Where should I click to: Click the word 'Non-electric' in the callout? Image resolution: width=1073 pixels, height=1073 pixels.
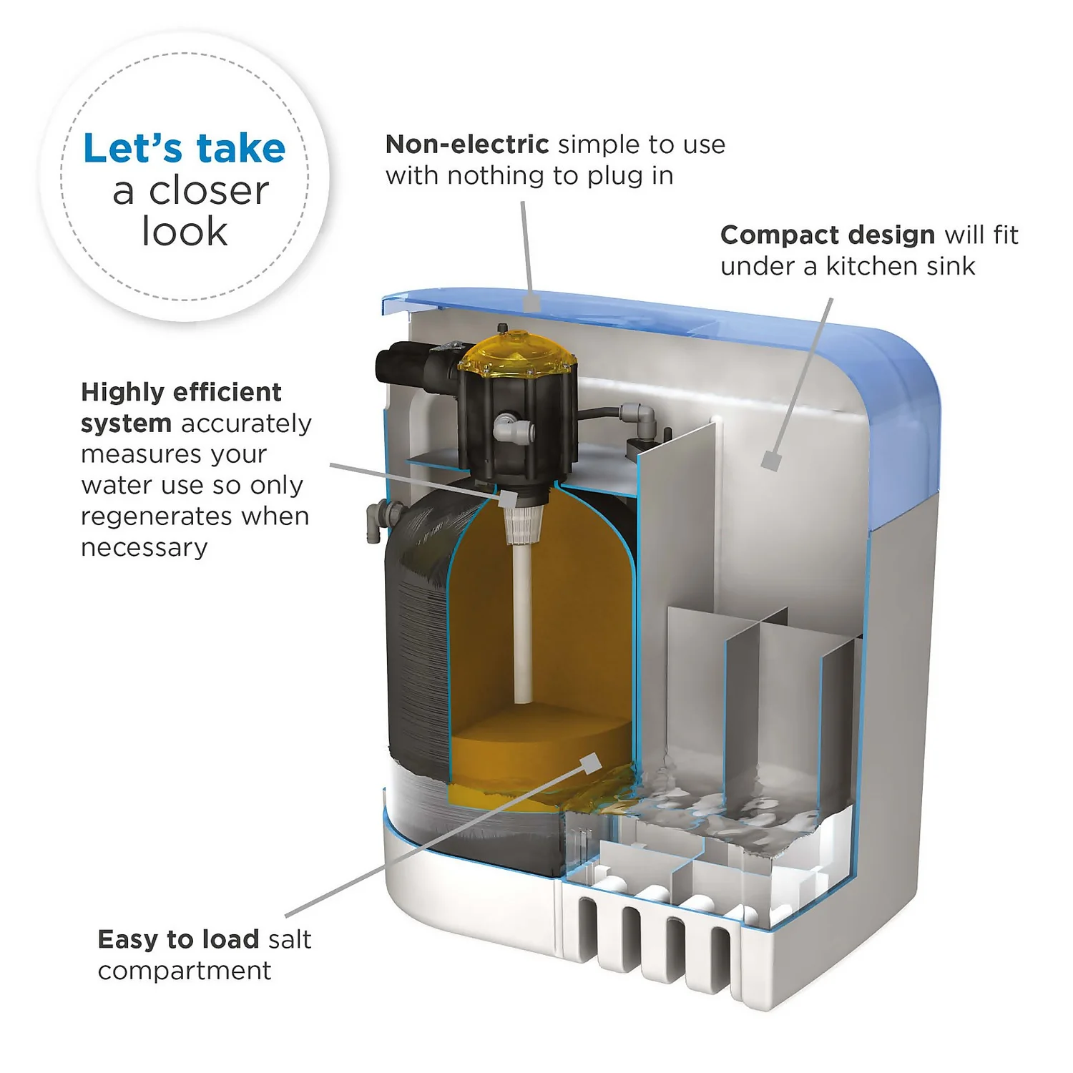click(466, 144)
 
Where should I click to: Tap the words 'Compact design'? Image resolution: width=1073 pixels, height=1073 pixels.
click(827, 235)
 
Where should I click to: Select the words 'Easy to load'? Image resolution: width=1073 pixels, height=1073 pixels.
click(178, 939)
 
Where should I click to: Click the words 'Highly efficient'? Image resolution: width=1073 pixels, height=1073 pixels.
click(181, 392)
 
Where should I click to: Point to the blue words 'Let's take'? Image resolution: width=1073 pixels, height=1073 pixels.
click(185, 149)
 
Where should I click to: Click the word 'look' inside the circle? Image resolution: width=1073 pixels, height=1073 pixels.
click(185, 232)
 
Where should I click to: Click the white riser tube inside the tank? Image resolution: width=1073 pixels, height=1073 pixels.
click(523, 622)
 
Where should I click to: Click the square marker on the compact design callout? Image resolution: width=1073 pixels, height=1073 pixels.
click(770, 461)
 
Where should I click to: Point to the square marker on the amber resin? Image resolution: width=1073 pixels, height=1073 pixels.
click(591, 764)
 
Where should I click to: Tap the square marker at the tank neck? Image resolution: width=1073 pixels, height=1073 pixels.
click(507, 499)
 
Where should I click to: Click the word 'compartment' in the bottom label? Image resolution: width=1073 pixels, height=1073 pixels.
click(185, 971)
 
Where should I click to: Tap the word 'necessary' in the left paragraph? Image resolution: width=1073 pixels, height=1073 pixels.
click(144, 548)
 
